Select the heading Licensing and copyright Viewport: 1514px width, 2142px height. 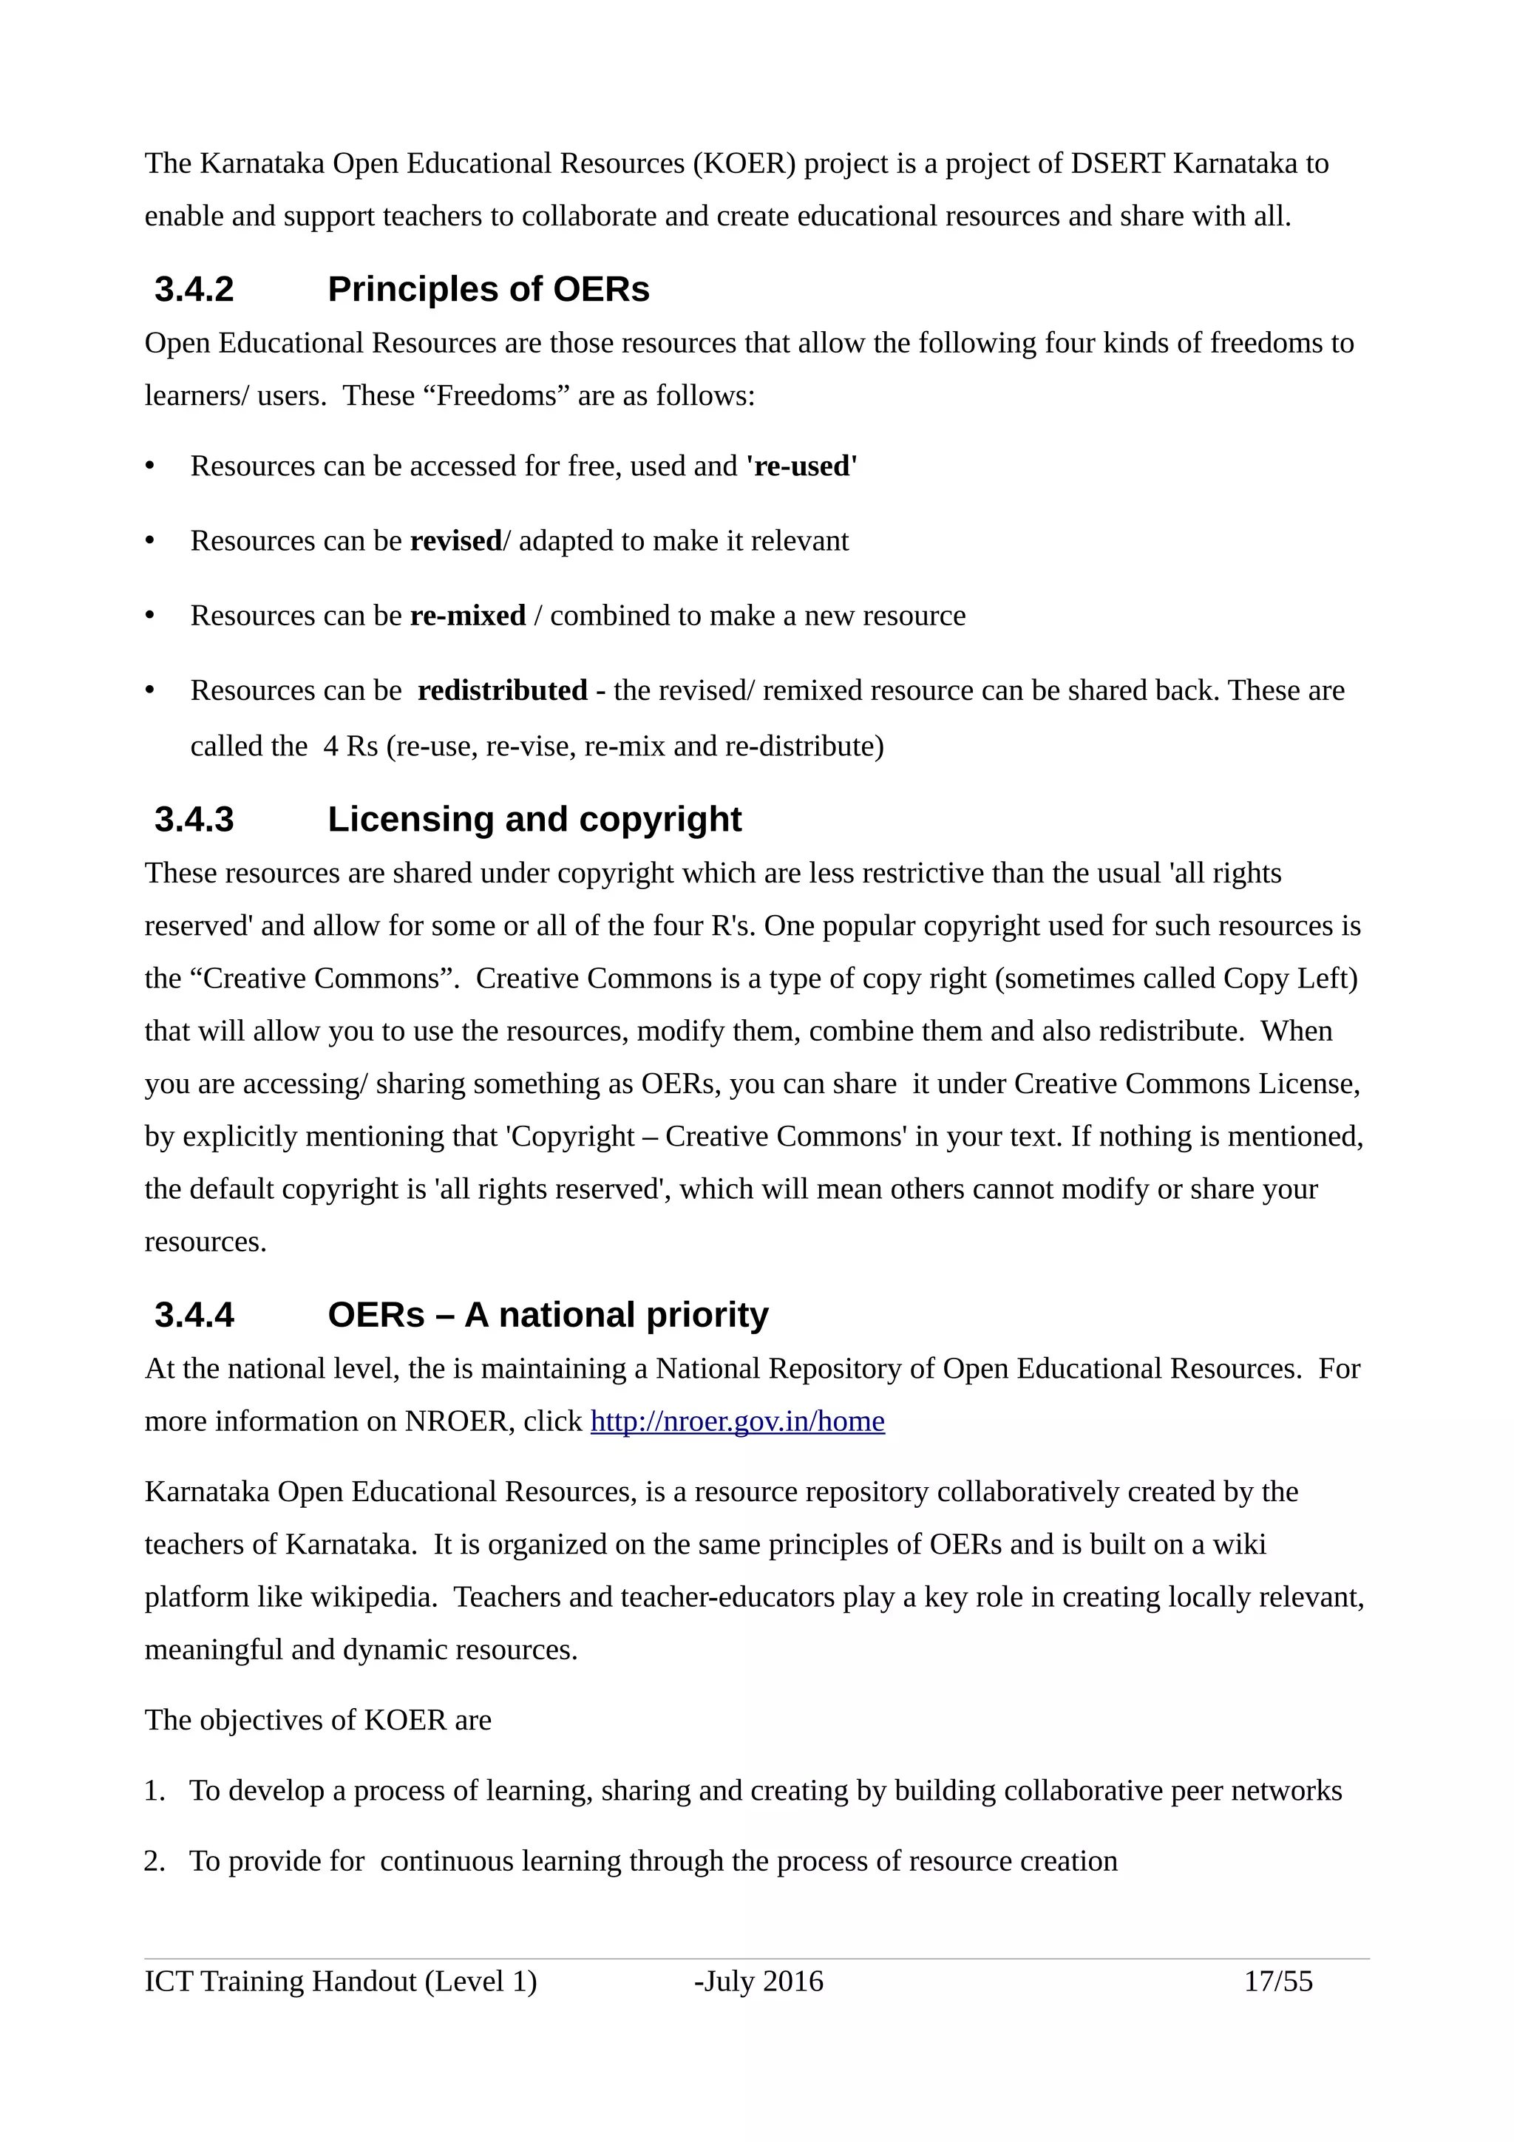(534, 819)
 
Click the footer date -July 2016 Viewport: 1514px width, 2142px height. (758, 1981)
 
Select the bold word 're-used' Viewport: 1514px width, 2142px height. (801, 466)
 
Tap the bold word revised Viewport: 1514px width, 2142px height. (455, 541)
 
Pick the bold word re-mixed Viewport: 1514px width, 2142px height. (467, 616)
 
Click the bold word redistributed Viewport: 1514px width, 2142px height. (502, 690)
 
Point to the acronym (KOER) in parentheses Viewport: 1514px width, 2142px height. (744, 163)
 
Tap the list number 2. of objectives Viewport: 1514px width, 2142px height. (154, 1861)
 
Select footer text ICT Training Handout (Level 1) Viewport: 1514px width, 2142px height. (341, 1981)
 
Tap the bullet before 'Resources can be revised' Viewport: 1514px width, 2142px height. (150, 541)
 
